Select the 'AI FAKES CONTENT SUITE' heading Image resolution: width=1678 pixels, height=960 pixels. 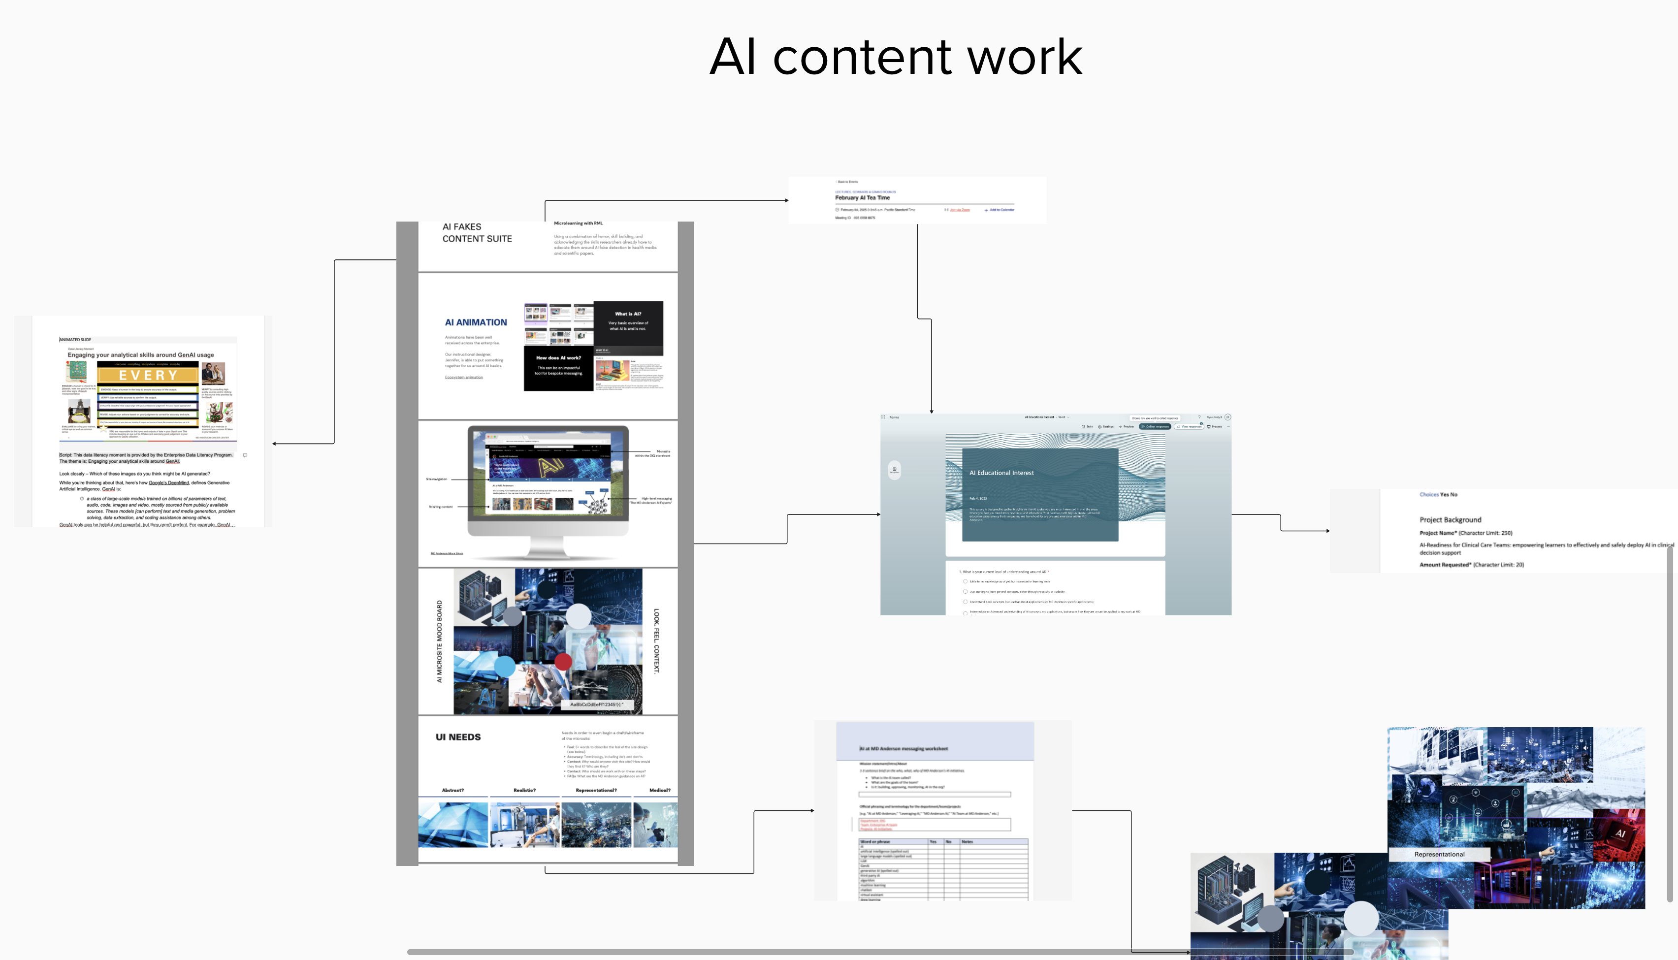tap(477, 233)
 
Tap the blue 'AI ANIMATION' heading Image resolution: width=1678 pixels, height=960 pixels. tap(475, 322)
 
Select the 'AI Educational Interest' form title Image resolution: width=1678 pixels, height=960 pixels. tap(1001, 473)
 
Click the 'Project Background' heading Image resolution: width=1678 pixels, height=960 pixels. tap(1450, 519)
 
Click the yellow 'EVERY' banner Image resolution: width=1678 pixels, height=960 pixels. tap(148, 375)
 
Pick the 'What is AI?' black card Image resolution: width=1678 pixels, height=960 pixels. tap(628, 322)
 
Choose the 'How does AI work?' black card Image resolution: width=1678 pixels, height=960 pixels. tap(558, 366)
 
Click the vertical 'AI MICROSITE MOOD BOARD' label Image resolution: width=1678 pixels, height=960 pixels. tap(440, 641)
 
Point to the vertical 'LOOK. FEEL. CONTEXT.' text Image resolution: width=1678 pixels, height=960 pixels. tap(656, 641)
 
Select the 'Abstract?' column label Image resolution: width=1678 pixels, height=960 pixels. tap(452, 790)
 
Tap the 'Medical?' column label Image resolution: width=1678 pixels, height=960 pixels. tap(659, 790)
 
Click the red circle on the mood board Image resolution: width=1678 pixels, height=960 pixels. tap(563, 661)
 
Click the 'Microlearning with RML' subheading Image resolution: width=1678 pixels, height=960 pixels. tap(578, 224)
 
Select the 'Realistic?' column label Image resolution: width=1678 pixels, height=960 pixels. tap(524, 790)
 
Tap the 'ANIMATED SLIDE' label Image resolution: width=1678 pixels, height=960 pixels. tap(75, 340)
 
